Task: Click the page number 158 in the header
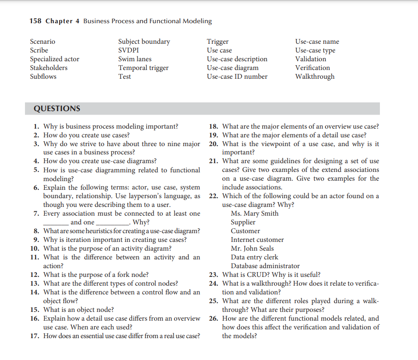[35, 21]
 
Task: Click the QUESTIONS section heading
[57, 108]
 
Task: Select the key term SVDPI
[129, 50]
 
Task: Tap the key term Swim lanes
[135, 59]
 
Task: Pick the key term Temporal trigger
[143, 68]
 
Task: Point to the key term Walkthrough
[315, 77]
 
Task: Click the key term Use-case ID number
[237, 77]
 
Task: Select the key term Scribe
[39, 50]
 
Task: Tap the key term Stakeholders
[49, 68]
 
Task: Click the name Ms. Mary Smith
[254, 213]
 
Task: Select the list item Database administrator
[265, 266]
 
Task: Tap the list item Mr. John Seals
[252, 248]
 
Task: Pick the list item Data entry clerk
[254, 257]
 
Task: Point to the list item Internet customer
[257, 240]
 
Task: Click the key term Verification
[313, 68]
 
